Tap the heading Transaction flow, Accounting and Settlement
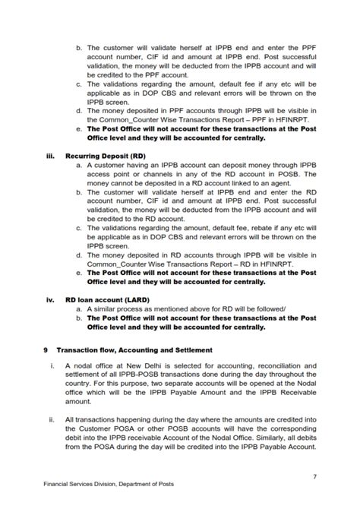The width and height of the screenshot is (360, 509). [x=134, y=350]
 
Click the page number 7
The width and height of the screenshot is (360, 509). [x=314, y=476]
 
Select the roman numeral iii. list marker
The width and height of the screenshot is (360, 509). [x=52, y=155]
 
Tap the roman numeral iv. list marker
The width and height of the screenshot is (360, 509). [x=52, y=299]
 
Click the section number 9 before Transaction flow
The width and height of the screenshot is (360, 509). [x=46, y=350]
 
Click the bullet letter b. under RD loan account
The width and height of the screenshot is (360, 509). [x=79, y=319]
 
